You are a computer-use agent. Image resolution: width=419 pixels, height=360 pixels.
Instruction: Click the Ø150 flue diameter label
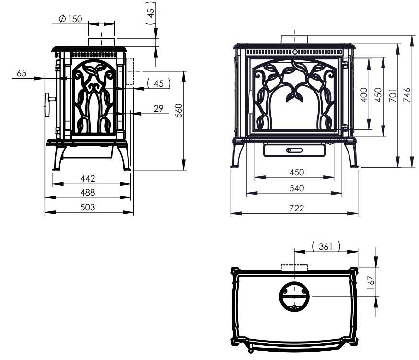(70, 19)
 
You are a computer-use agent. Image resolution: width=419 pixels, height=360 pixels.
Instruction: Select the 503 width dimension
(88, 207)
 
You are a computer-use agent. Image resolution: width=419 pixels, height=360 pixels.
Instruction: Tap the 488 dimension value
(88, 193)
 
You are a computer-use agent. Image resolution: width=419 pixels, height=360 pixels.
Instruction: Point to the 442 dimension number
(88, 179)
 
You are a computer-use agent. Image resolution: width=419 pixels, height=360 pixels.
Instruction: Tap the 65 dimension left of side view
(22, 73)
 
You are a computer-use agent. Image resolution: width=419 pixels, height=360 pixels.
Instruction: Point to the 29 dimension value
(158, 109)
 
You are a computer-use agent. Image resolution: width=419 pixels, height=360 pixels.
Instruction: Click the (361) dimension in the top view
(326, 246)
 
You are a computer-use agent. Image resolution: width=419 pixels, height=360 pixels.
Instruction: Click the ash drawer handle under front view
(294, 151)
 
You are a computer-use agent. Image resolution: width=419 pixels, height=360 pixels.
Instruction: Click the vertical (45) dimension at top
(151, 13)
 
